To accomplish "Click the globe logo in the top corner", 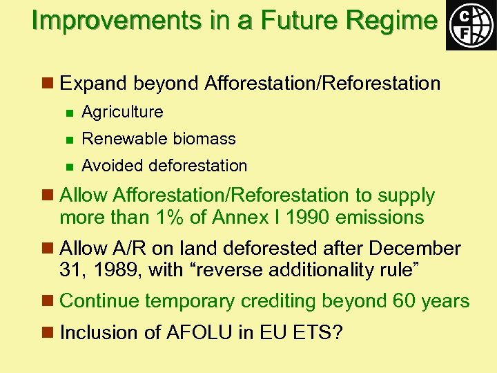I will click(x=471, y=25).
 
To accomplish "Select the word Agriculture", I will click(x=122, y=112).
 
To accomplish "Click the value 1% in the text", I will click(x=186, y=217).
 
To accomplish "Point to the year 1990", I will click(x=307, y=217).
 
